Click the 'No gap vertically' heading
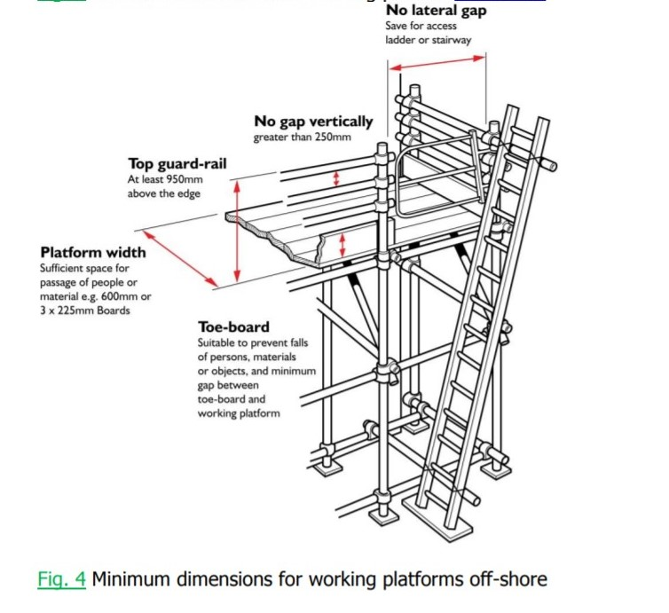click(313, 122)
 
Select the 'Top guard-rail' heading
click(177, 163)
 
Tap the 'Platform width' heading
click(93, 252)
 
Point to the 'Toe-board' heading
click(233, 327)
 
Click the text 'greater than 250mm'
click(302, 138)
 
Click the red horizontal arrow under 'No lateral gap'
click(437, 62)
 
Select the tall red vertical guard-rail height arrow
click(237, 231)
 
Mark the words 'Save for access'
click(421, 26)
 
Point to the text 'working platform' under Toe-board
click(240, 413)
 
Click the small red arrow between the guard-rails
click(335, 178)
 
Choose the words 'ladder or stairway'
click(429, 40)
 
